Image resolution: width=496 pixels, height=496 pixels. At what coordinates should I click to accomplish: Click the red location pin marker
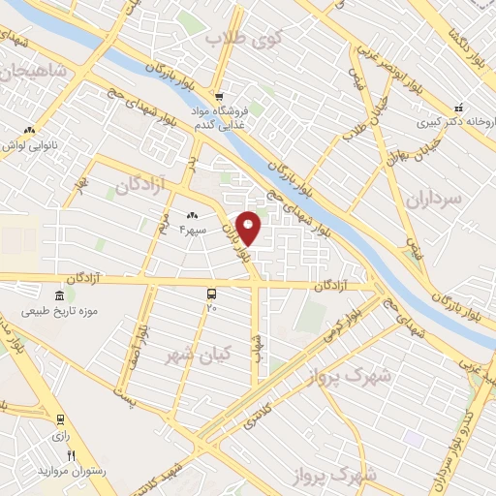point(249,227)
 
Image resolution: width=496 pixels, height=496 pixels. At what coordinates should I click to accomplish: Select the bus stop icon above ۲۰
point(212,293)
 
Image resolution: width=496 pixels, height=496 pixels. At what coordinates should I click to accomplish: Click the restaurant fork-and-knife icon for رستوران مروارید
point(71,455)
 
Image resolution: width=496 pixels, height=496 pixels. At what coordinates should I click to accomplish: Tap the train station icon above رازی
point(61,420)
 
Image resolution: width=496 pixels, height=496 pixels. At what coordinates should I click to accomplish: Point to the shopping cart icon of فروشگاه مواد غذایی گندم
point(220,97)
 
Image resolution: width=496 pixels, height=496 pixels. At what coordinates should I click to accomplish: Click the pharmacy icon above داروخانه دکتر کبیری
point(459,108)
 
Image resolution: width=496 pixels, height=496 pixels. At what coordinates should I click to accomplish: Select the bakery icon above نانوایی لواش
point(29,131)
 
